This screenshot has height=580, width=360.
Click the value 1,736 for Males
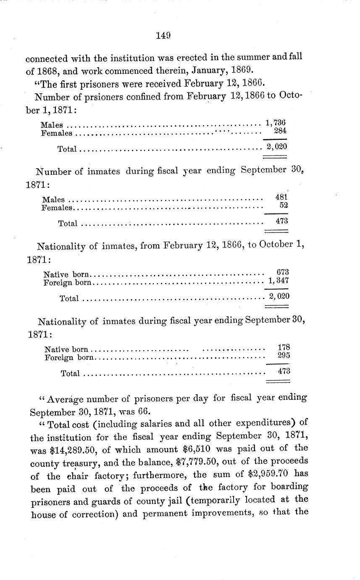[x=276, y=123]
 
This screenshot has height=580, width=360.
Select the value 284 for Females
[x=279, y=131]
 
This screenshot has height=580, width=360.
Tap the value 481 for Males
[x=281, y=197]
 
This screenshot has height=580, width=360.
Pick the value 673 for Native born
[x=283, y=272]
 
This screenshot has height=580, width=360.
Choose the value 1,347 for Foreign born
[x=279, y=280]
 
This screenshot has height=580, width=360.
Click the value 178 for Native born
[x=284, y=347]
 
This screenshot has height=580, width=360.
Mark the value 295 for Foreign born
[x=284, y=356]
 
